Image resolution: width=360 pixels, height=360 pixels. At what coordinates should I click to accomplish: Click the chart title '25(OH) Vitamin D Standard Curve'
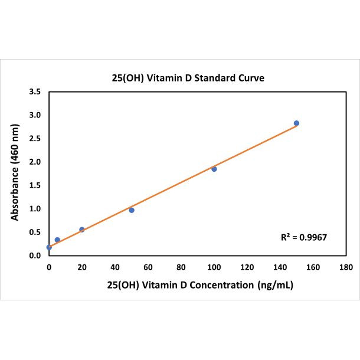coord(181,77)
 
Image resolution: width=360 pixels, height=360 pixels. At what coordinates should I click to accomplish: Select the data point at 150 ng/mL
coord(296,123)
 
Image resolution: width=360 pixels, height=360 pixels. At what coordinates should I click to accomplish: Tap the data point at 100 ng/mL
coord(214,169)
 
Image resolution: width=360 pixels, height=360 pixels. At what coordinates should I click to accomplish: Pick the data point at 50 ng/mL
coord(132,210)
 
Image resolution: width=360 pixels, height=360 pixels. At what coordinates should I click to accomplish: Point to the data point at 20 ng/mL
coord(82,230)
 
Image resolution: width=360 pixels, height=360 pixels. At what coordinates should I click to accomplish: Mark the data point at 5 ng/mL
coord(57,240)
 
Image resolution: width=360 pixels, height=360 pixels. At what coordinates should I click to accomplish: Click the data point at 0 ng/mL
coord(49,247)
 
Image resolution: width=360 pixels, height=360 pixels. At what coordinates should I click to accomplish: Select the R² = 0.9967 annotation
coord(303,237)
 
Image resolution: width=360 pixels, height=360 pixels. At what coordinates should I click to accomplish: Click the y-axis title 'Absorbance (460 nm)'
coord(15,174)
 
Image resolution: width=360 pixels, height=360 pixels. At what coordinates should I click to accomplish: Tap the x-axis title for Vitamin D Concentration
coord(200,284)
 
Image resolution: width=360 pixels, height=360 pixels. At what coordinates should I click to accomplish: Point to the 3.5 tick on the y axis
coord(35,92)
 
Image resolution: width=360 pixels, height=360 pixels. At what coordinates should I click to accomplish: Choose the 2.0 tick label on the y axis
coord(35,162)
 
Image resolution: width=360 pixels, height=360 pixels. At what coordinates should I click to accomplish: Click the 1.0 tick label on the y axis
coord(35,209)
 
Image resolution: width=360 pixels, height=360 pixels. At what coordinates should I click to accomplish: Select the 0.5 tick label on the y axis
coord(35,232)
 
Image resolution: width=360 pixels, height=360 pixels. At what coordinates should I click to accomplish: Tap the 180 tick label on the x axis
coord(346,267)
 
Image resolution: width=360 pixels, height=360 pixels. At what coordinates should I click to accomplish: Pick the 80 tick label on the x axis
coord(181,267)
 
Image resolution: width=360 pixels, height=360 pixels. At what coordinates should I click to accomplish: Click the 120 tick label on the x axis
coord(247,267)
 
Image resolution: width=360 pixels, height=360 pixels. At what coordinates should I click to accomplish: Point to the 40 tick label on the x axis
coord(115,267)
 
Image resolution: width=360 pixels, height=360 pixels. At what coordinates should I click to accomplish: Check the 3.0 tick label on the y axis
coord(35,115)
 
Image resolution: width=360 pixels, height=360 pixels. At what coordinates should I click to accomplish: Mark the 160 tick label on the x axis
coord(313,267)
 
